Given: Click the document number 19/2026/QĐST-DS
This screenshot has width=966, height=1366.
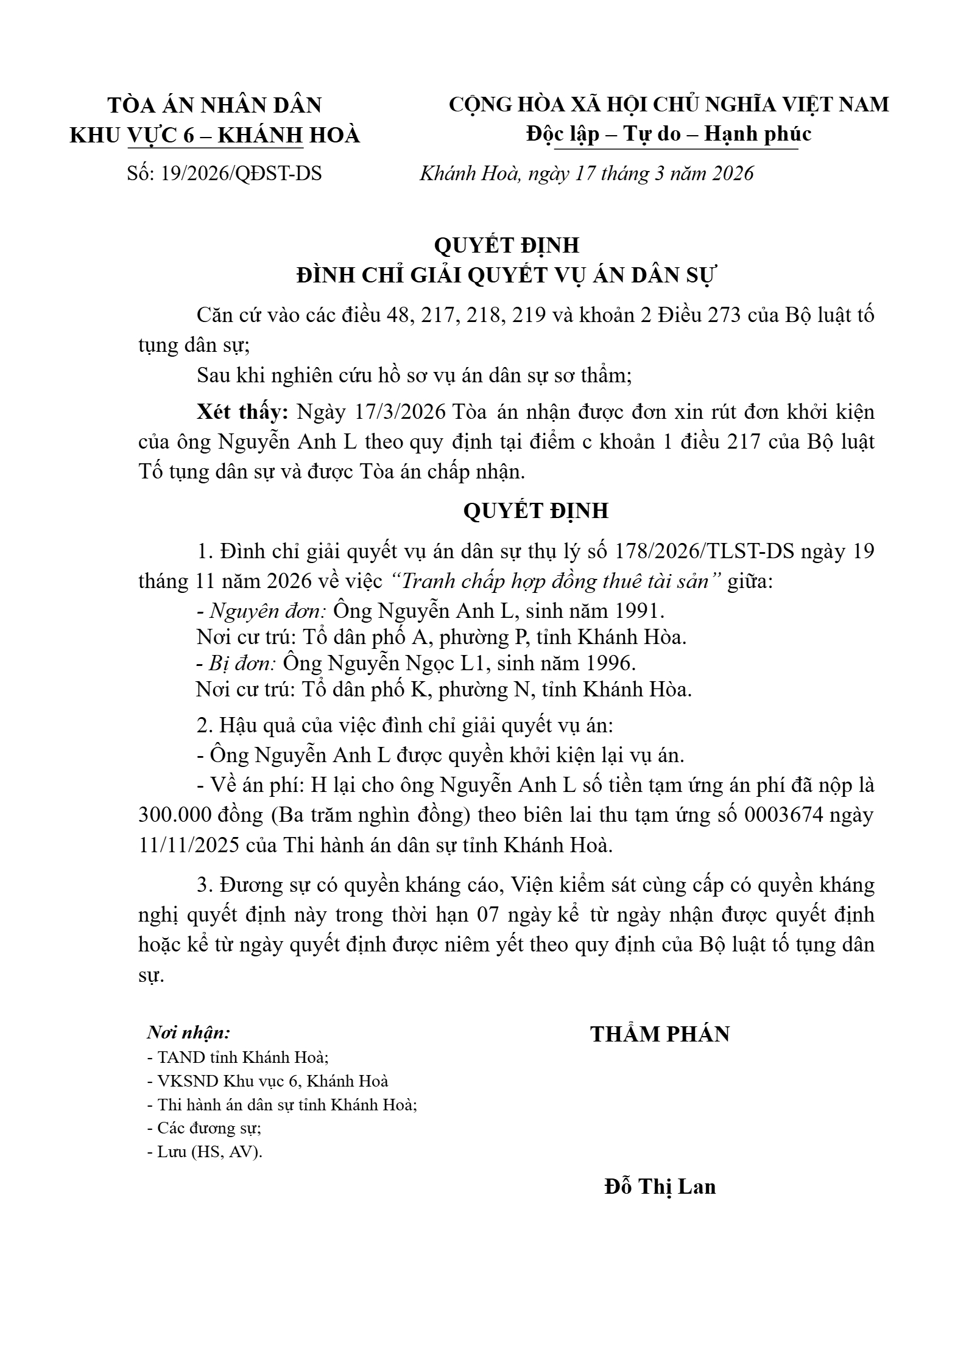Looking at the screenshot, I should pyautogui.click(x=241, y=174).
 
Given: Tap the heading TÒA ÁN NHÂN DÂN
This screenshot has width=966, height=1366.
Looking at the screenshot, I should pyautogui.click(x=214, y=105).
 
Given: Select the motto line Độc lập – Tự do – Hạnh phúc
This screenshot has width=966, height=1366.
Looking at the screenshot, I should pyautogui.click(x=669, y=134).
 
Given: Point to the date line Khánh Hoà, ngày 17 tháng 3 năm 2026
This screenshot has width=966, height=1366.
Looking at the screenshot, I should pyautogui.click(x=587, y=174).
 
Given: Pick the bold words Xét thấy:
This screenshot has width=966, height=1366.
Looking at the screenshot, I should pyautogui.click(x=242, y=412).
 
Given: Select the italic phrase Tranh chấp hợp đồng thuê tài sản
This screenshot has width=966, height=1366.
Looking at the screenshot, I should pyautogui.click(x=553, y=581).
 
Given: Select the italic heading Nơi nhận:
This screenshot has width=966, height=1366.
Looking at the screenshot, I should pyautogui.click(x=189, y=1032).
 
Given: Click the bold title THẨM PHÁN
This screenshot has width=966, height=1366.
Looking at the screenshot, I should pyautogui.click(x=660, y=1034).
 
